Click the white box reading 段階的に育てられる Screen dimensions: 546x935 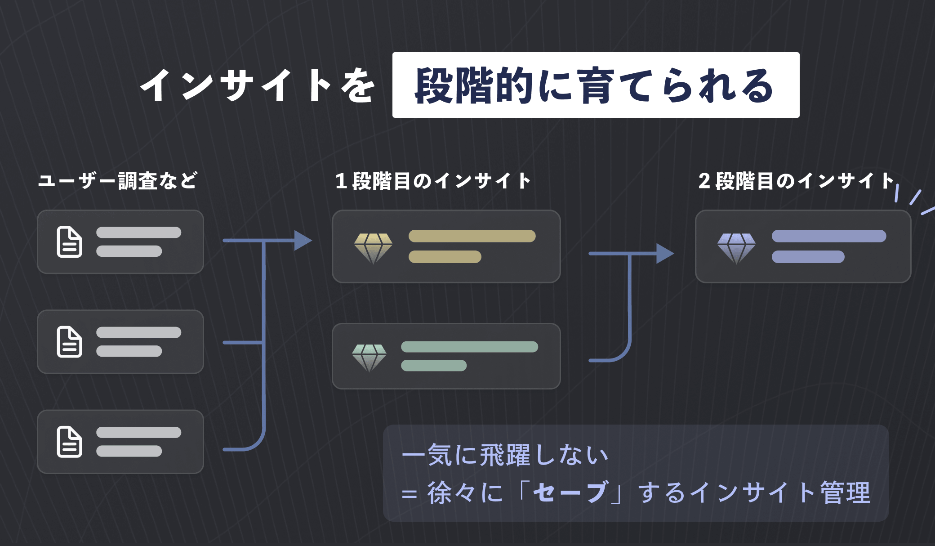(595, 85)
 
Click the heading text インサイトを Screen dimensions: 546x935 (257, 85)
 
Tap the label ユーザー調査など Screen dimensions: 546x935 (117, 181)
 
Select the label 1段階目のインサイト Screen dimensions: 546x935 (433, 181)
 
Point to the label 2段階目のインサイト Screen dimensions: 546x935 (796, 181)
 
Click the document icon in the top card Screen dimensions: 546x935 (69, 242)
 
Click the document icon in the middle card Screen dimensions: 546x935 (69, 342)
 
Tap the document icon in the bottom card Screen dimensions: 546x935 (69, 442)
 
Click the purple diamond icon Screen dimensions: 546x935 (736, 248)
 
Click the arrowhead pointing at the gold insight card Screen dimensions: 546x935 (303, 241)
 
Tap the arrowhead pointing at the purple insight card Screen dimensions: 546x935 (665, 254)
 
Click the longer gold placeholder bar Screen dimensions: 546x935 (472, 236)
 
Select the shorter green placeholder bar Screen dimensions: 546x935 (434, 366)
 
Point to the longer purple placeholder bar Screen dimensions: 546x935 (829, 236)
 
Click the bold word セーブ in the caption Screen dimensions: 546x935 (570, 492)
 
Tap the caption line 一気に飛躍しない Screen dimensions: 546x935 (505, 455)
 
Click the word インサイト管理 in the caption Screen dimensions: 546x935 (780, 492)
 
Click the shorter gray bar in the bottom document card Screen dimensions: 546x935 (129, 451)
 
